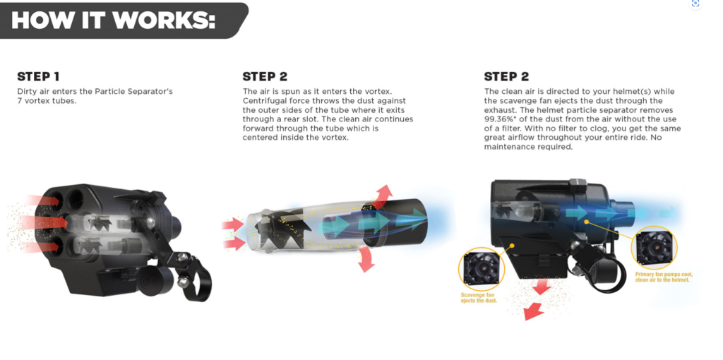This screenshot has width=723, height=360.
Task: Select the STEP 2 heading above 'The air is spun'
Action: coord(265,76)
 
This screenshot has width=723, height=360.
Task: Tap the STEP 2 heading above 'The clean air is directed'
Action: coord(506,76)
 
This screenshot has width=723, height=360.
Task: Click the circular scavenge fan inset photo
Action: coord(479,270)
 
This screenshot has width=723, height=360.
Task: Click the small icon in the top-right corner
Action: coord(695,4)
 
